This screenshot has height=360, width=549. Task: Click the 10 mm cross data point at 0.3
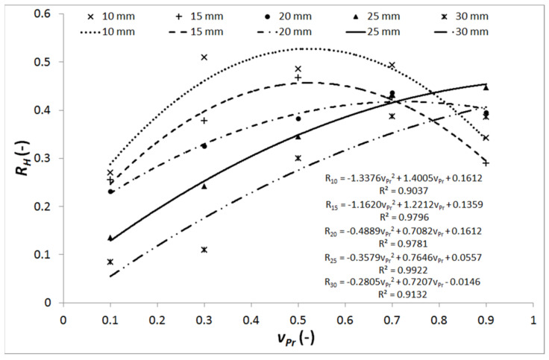[x=204, y=57]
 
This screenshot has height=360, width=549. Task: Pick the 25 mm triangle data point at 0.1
[x=110, y=238]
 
